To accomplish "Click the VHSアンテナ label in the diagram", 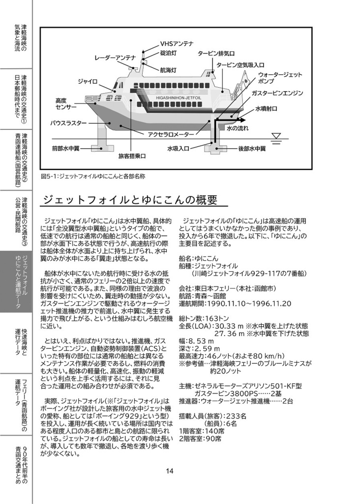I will pyautogui.click(x=177, y=44).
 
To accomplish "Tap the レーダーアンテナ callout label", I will pyautogui.click(x=115, y=58).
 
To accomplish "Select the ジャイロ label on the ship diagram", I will pyautogui.click(x=88, y=81).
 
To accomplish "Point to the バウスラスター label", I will pyautogui.click(x=68, y=123).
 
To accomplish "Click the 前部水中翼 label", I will pyautogui.click(x=68, y=148).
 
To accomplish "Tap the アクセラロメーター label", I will pyautogui.click(x=171, y=133).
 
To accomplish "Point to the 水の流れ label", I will pyautogui.click(x=239, y=128).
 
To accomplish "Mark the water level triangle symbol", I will pyautogui.click(x=276, y=136).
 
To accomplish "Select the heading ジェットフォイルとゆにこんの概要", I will pyautogui.click(x=130, y=200).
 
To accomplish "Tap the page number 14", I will pyautogui.click(x=170, y=471).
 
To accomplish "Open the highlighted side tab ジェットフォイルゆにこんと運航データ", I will pyautogui.click(x=16, y=282).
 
